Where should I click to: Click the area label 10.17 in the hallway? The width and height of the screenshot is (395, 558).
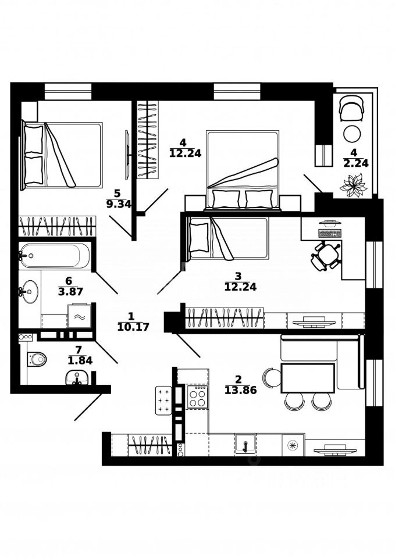(x=133, y=327)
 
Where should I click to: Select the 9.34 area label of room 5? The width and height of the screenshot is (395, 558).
(x=119, y=204)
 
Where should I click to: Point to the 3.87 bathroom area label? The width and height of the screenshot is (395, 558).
(x=70, y=292)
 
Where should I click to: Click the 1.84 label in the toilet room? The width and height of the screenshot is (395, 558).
(x=80, y=361)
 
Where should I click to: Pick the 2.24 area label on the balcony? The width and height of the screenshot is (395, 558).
(x=355, y=164)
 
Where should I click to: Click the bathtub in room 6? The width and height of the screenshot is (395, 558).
(x=55, y=255)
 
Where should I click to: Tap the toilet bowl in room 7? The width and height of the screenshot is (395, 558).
(x=37, y=359)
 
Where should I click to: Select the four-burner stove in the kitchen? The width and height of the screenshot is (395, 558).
(x=197, y=397)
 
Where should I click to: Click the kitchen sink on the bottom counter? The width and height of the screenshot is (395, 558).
(x=245, y=445)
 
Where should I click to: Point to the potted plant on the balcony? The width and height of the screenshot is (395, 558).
(x=353, y=185)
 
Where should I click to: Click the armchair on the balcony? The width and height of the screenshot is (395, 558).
(x=351, y=109)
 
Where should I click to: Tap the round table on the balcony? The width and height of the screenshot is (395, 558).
(x=352, y=134)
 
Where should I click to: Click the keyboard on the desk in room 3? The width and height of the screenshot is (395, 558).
(x=330, y=233)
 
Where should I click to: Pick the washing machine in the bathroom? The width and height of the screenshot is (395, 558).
(x=79, y=316)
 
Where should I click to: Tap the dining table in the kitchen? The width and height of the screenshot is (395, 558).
(x=308, y=378)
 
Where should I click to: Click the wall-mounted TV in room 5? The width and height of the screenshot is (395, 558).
(x=127, y=155)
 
